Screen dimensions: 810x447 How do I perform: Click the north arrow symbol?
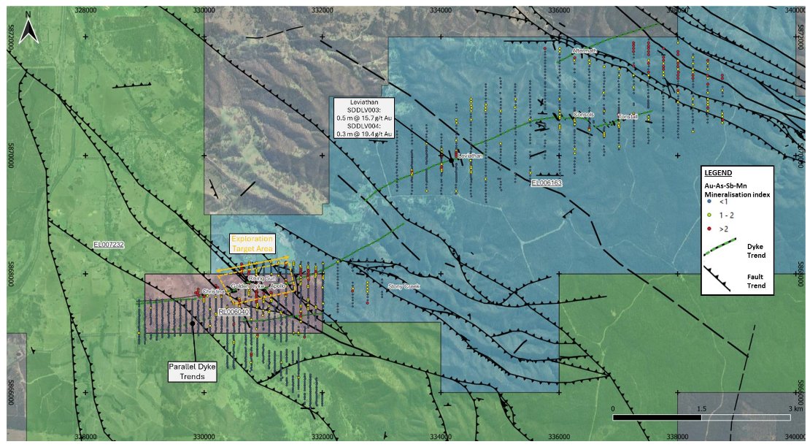pyautogui.click(x=28, y=28)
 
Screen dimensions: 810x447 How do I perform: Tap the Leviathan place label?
pyautogui.click(x=471, y=156)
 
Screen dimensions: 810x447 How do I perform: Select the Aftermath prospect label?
pyautogui.click(x=585, y=50)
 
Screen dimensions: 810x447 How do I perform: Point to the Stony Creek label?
pyautogui.click(x=404, y=286)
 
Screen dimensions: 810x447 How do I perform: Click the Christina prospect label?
pyautogui.click(x=214, y=291)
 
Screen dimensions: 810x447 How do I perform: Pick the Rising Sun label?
pyautogui.click(x=263, y=278)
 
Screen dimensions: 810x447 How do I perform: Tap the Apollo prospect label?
pyautogui.click(x=278, y=286)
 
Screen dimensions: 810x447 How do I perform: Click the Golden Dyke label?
pyautogui.click(x=247, y=286)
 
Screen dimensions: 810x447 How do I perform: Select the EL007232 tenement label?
pyautogui.click(x=109, y=244)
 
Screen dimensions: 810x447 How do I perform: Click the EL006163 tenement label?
pyautogui.click(x=546, y=183)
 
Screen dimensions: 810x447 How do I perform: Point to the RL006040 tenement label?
pyautogui.click(x=234, y=312)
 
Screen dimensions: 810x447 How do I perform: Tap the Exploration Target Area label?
pyautogui.click(x=252, y=244)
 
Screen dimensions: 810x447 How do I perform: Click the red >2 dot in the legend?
pyautogui.click(x=709, y=229)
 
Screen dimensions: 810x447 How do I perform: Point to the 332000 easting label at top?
pyautogui.click(x=323, y=9)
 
